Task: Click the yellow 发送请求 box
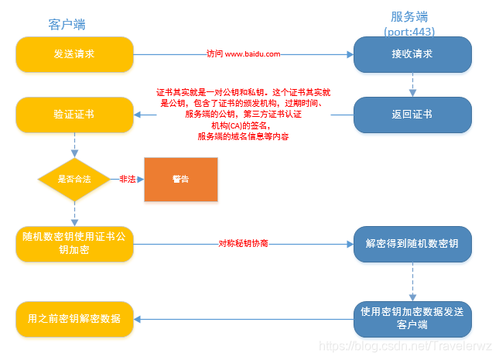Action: click(x=74, y=55)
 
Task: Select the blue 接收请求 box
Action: click(x=412, y=55)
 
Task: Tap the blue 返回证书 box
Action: click(x=412, y=115)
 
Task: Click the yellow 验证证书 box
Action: click(x=74, y=115)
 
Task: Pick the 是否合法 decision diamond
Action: click(x=74, y=179)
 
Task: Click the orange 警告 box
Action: click(x=181, y=179)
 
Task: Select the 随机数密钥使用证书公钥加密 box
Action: click(x=74, y=243)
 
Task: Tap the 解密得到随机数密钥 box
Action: click(x=412, y=243)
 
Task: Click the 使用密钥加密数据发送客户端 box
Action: click(x=412, y=317)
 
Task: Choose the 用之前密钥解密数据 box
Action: click(x=74, y=318)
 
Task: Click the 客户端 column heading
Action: click(x=67, y=25)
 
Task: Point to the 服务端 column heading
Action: click(x=410, y=16)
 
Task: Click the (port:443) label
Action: click(x=410, y=32)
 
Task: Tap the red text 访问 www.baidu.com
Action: click(x=243, y=55)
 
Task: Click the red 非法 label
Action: click(x=128, y=179)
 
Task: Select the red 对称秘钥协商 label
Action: click(x=243, y=243)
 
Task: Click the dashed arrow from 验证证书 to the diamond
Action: click(x=74, y=144)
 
